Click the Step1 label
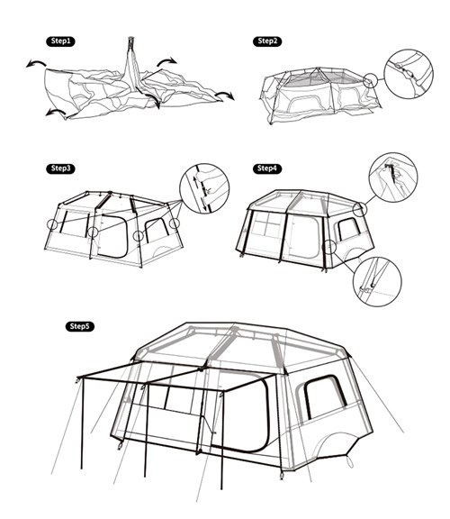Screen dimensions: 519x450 click(60, 41)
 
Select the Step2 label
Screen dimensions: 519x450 click(267, 41)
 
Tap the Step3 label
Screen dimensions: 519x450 click(61, 168)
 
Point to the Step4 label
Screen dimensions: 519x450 click(267, 168)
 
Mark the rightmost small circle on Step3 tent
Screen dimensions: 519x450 click(175, 223)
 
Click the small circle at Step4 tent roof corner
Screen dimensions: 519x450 click(359, 209)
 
